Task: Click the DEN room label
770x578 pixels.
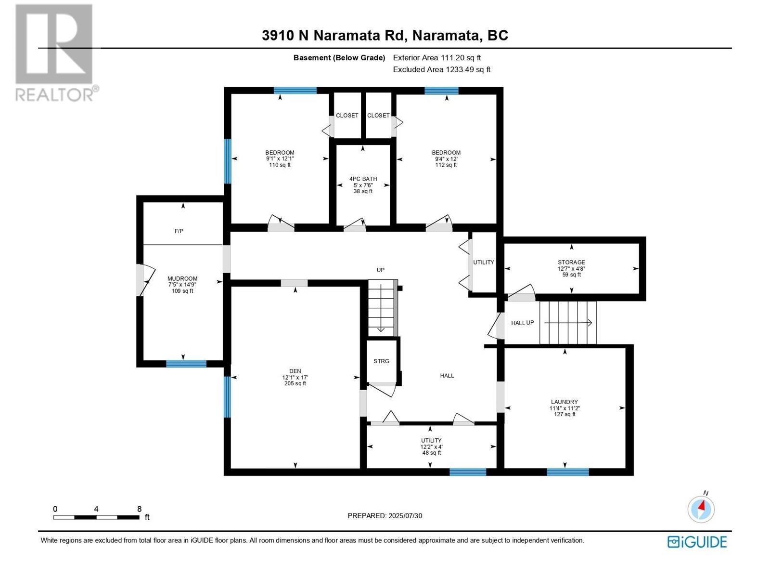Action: (x=295, y=371)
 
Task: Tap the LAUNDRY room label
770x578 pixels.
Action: (x=564, y=402)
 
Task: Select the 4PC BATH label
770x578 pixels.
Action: (x=363, y=179)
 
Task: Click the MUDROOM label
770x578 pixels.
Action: (x=182, y=279)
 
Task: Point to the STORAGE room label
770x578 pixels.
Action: (x=571, y=263)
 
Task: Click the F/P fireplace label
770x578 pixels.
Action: (x=179, y=231)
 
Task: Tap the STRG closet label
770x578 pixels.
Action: (x=381, y=361)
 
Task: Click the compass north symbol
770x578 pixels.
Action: (x=701, y=509)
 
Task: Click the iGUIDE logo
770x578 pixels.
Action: (x=697, y=542)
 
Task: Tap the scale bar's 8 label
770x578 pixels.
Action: (x=139, y=509)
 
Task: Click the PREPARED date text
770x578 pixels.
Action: (x=385, y=516)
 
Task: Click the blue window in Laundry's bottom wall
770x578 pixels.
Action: (x=567, y=472)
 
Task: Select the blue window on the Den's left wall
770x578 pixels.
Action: (x=227, y=396)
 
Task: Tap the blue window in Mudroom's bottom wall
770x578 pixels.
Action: (x=186, y=364)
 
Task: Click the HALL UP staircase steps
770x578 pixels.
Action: (x=568, y=323)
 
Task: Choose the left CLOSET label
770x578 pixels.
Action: (x=347, y=116)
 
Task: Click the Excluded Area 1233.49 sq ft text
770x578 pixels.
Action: (x=441, y=69)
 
